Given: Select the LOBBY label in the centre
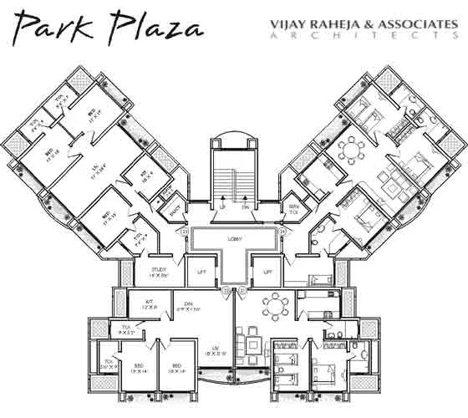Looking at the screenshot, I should pos(235,239).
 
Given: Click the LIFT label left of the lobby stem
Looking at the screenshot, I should pos(201,272).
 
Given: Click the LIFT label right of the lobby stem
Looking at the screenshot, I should pos(268,272).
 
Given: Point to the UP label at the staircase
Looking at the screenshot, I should pos(222,206).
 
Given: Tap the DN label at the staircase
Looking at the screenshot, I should pos(246,206).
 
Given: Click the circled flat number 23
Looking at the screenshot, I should pos(185,232).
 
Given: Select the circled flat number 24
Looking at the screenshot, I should pos(283,232).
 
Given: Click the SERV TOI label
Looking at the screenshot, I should pos(293,206).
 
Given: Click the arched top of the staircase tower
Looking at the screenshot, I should pos(235,136).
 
